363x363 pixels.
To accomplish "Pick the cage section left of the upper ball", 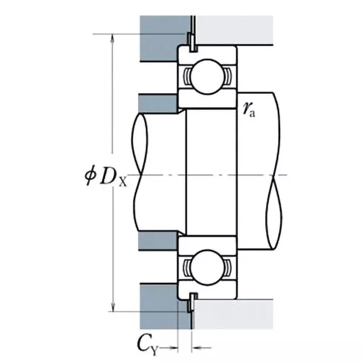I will point(186,75).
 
